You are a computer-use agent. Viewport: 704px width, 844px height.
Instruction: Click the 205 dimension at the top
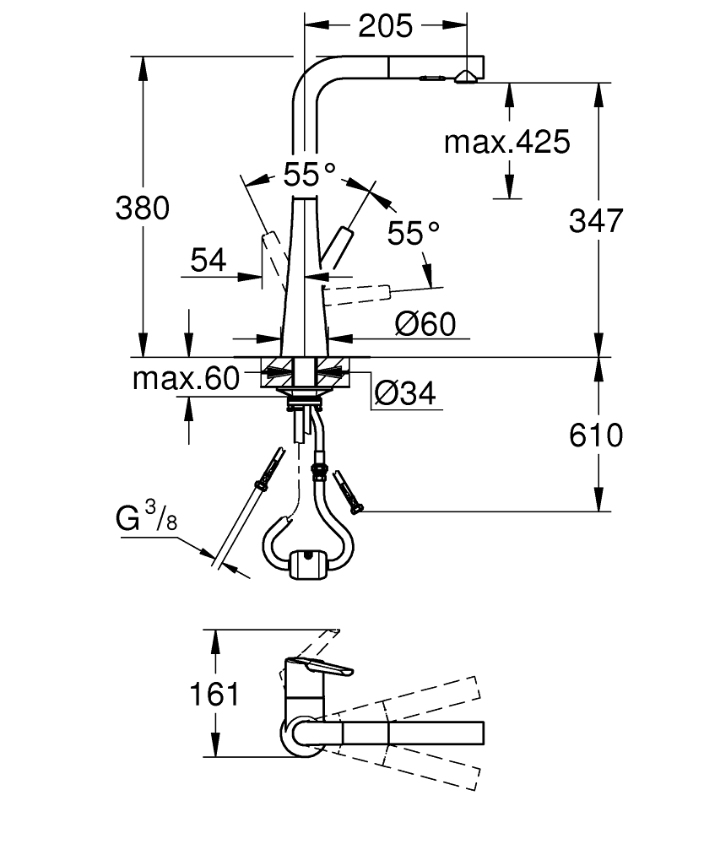(386, 26)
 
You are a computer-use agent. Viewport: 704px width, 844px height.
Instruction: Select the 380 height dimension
(143, 208)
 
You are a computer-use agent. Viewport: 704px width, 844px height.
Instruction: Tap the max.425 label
(507, 142)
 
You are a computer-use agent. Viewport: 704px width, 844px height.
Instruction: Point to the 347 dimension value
(596, 220)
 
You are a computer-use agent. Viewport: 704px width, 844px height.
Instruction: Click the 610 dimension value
(596, 435)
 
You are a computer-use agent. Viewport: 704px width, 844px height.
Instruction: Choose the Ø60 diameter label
(425, 323)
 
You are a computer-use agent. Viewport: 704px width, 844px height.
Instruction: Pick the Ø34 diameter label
(404, 393)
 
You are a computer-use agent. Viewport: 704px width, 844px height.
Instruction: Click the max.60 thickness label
(186, 378)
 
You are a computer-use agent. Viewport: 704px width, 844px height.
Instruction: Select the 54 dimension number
(208, 261)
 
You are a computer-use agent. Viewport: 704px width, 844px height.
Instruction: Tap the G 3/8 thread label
(146, 517)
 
